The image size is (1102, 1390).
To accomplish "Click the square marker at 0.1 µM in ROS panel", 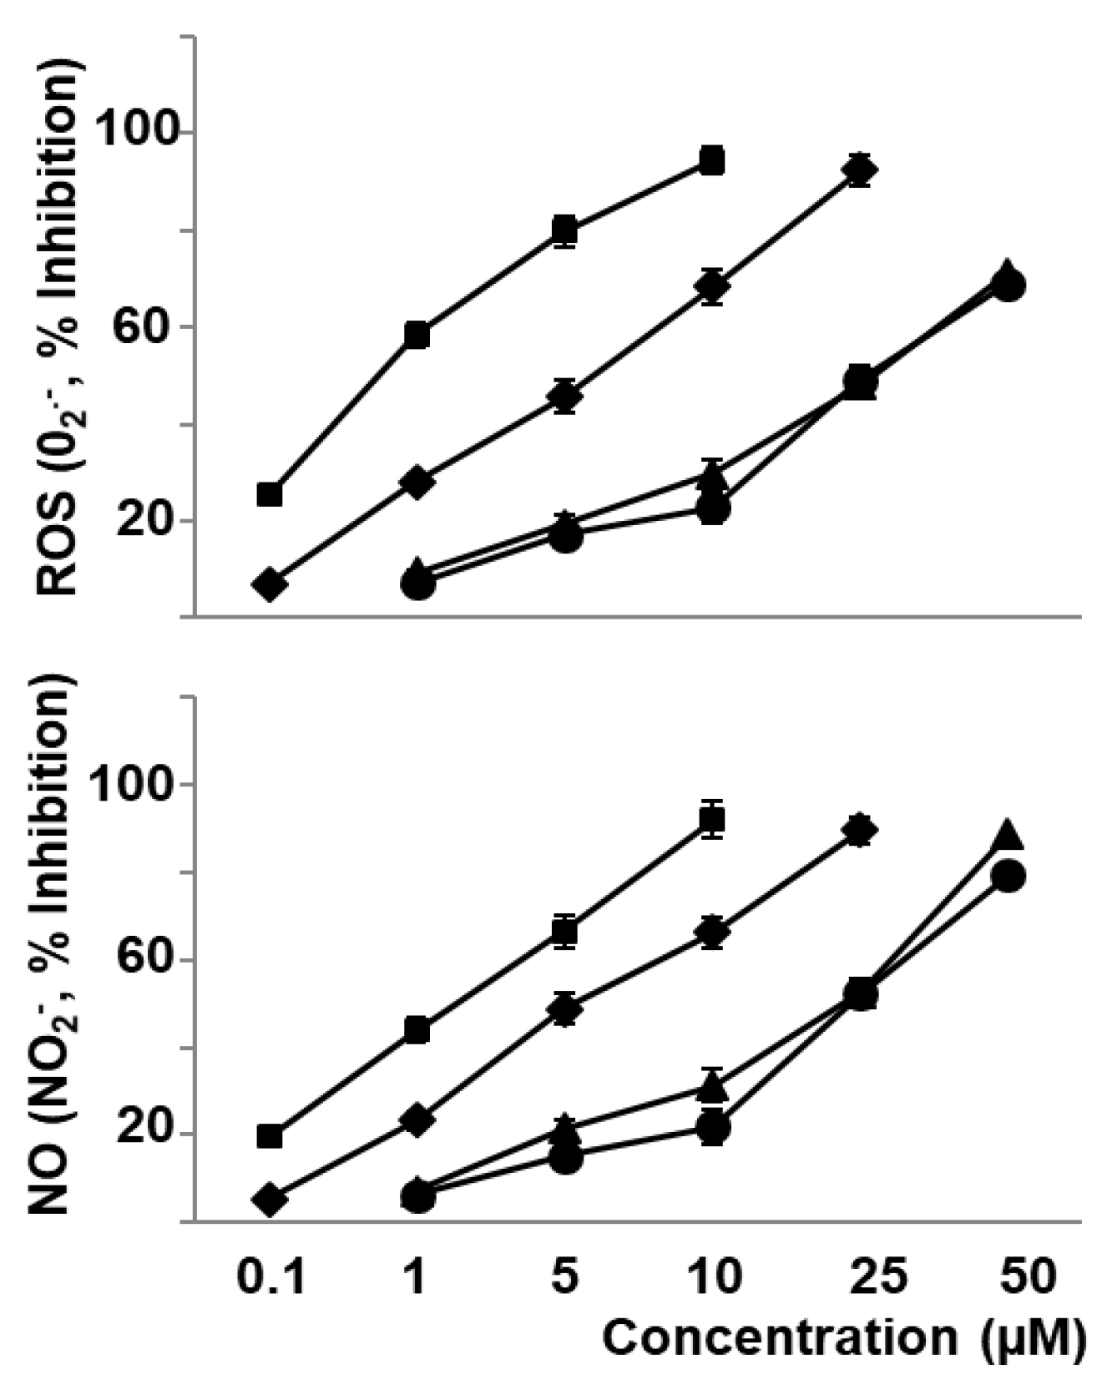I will click(x=269, y=494).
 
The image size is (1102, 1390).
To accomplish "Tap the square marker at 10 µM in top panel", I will click(x=711, y=160).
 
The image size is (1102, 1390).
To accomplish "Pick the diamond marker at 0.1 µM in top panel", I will click(x=269, y=584).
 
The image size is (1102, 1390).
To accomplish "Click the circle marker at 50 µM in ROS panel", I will click(x=1008, y=286).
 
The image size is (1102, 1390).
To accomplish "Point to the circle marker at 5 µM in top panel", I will click(x=565, y=537).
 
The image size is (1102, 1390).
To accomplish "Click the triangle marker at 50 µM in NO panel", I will click(x=1007, y=833).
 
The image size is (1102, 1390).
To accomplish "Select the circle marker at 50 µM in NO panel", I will click(x=1008, y=876).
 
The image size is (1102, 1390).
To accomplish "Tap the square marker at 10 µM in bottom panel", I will click(x=711, y=820).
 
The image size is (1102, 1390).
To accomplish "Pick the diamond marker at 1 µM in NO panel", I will click(x=417, y=1119).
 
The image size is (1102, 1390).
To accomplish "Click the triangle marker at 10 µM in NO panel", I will click(x=711, y=1085).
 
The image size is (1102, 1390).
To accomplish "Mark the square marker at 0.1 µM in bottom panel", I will click(x=269, y=1136).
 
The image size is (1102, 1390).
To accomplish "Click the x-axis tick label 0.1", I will click(x=270, y=1276).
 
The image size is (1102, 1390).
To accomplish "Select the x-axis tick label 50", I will click(x=1029, y=1276).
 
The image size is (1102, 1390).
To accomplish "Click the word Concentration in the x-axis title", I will click(x=781, y=1338).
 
